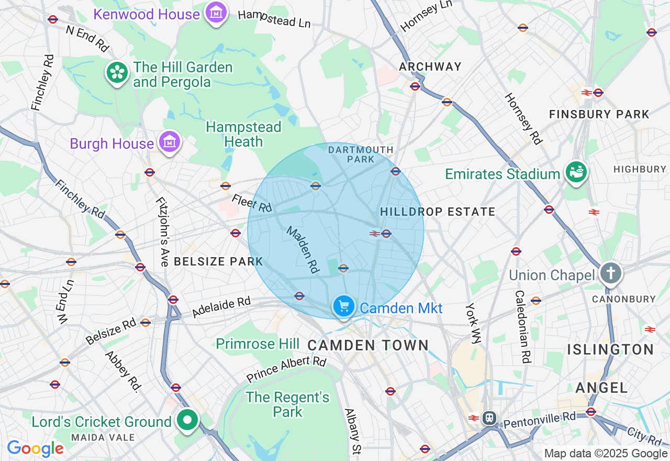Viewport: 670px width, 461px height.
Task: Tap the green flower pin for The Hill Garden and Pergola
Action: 117,73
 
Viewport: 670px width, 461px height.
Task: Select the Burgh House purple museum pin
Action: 170,141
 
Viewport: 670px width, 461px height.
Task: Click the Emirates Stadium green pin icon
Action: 576,172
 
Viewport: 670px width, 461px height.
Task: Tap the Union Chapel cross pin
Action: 610,273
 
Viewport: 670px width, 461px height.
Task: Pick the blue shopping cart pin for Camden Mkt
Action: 344,306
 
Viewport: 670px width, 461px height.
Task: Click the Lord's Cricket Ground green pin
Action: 187,420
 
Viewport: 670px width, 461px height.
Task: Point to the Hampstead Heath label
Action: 243,135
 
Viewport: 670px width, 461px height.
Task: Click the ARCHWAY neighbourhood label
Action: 430,67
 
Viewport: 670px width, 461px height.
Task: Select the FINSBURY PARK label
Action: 599,114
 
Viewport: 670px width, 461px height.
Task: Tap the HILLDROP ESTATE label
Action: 438,212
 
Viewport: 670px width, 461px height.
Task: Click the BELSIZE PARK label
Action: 218,261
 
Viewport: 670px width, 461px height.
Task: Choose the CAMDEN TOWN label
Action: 368,345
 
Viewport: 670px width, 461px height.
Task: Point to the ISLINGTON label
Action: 611,349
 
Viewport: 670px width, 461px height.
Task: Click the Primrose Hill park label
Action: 258,344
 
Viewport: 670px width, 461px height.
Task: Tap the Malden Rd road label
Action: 303,249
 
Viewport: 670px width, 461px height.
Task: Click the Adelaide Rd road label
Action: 221,307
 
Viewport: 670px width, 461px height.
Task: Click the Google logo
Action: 35,448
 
